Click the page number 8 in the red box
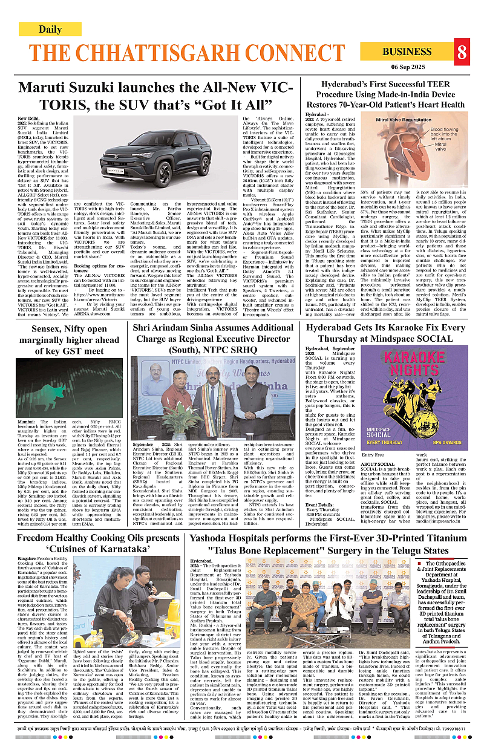click(x=462, y=52)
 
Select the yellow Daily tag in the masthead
click(x=50, y=29)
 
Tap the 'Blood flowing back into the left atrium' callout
click(x=448, y=134)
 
